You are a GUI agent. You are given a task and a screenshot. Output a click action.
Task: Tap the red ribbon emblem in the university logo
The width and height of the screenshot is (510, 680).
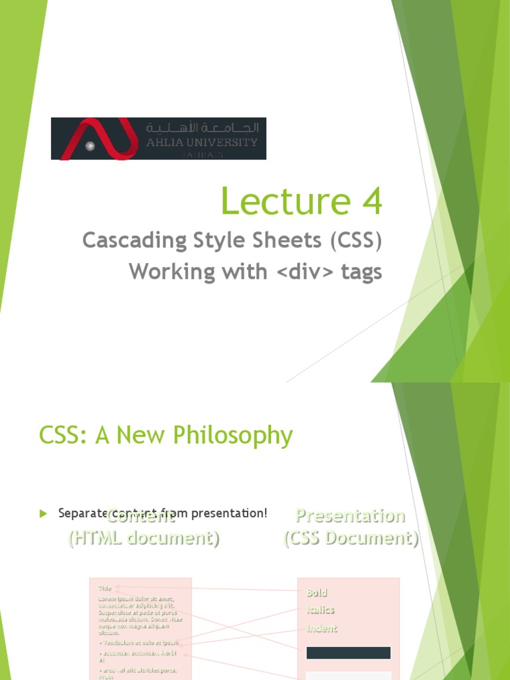100,138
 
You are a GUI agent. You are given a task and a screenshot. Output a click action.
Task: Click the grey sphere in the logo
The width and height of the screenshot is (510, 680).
90,145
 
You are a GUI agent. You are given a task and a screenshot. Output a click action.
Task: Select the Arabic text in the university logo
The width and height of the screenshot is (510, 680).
202,127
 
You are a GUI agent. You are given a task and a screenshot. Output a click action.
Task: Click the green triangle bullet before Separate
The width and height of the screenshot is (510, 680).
44,513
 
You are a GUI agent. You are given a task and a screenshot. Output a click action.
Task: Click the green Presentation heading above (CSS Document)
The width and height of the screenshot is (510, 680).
350,515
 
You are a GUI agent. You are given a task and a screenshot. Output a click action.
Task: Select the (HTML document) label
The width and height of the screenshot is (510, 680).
143,538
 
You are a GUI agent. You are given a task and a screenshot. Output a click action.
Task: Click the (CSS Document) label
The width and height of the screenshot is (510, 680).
351,538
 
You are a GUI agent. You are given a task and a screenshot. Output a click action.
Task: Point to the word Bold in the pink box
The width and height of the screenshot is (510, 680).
317,592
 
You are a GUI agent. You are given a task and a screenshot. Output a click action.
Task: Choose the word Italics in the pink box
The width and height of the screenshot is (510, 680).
320,610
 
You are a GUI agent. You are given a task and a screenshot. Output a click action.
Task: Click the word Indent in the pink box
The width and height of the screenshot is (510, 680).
321,628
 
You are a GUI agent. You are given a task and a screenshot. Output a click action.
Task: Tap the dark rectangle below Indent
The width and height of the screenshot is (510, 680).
348,653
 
